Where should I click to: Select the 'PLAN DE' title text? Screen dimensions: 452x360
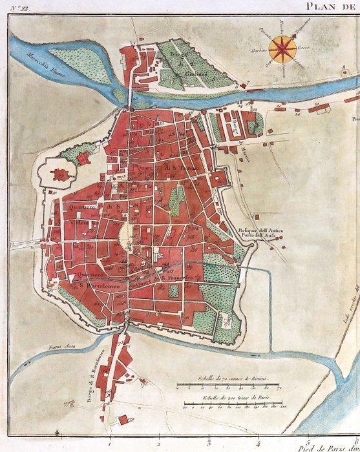[x=334, y=6]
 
